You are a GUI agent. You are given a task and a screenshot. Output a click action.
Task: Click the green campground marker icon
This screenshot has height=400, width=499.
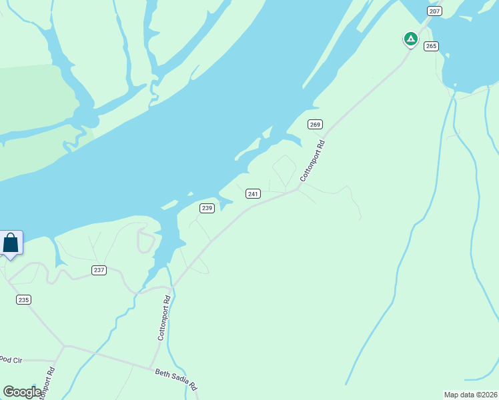tap(411, 39)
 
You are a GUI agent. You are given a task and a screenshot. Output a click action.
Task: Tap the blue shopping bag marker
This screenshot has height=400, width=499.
tap(11, 243)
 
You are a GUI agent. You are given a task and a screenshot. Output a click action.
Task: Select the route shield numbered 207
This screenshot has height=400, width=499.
tap(435, 11)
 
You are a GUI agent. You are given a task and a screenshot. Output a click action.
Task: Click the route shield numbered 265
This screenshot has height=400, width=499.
tap(431, 46)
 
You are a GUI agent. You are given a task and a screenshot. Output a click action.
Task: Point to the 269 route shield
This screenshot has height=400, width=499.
tap(315, 125)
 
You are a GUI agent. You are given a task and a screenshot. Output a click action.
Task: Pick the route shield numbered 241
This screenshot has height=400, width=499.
tap(253, 193)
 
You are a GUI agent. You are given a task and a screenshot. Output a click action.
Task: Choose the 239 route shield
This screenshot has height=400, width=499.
tap(207, 208)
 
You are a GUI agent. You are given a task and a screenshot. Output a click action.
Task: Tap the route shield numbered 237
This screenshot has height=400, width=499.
tap(99, 270)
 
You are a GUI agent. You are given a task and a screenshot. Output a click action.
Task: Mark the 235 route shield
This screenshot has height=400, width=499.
tap(24, 300)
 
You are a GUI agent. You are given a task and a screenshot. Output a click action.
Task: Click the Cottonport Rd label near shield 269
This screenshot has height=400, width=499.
tap(312, 161)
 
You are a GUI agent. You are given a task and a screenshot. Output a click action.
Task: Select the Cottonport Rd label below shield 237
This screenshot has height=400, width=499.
tap(165, 318)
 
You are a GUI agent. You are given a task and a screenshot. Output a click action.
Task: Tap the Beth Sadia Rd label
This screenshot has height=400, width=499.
tap(176, 380)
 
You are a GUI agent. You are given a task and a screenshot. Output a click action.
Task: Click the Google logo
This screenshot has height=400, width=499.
tap(21, 392)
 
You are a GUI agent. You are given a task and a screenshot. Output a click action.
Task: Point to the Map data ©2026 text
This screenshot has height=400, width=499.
tap(470, 395)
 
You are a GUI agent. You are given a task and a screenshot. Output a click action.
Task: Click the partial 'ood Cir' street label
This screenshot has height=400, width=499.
tap(11, 360)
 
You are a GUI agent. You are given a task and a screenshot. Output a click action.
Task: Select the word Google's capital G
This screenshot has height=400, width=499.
tap(8, 392)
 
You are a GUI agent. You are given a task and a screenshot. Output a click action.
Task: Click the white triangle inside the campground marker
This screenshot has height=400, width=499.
tap(411, 39)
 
